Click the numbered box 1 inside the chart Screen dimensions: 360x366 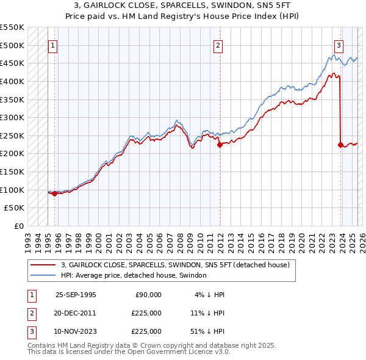click(52, 45)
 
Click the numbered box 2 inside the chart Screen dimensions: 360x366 click(218, 45)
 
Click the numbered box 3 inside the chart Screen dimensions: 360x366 click(339, 45)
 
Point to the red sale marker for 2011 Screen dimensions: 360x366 click(218, 145)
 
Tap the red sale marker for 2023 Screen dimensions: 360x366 click(340, 145)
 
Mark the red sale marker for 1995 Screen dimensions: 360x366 click(54, 193)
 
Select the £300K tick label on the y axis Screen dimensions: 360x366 click(13, 117)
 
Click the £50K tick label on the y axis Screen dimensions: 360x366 click(15, 208)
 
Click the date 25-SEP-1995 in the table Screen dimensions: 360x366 click(76, 295)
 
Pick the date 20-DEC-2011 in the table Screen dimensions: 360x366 click(76, 313)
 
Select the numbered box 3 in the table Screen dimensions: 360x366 click(30, 331)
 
